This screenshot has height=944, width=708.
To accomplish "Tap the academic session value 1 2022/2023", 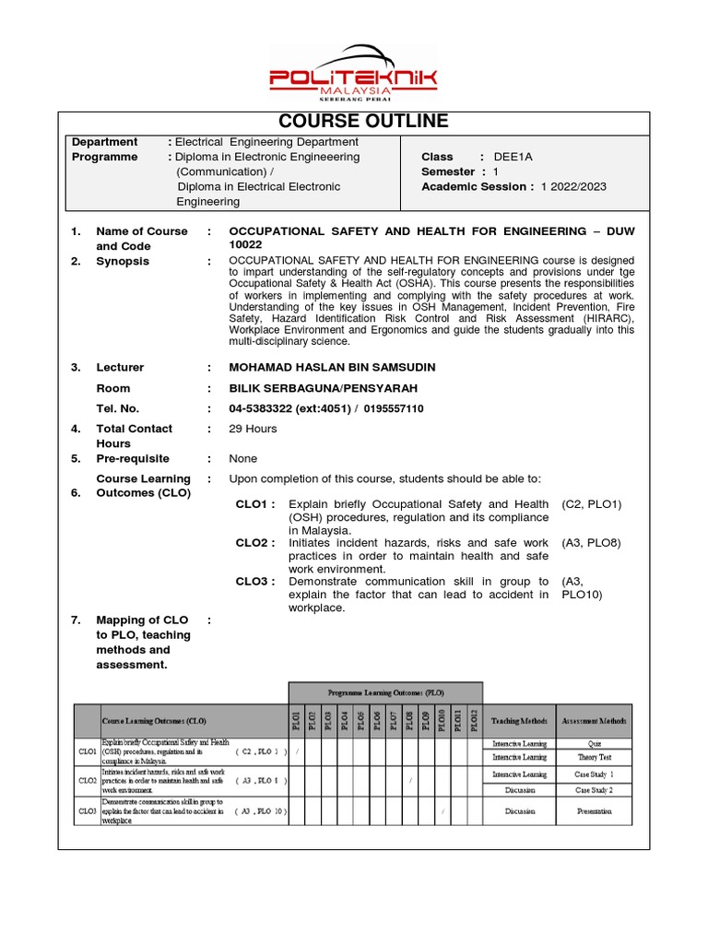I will point(573,186).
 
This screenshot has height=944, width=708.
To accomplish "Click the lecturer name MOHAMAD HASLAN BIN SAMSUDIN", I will point(332,367).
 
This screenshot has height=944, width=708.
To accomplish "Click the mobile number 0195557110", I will point(394,408).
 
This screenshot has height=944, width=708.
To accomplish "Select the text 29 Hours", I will point(253,429).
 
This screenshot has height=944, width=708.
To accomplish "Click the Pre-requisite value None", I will point(243,458).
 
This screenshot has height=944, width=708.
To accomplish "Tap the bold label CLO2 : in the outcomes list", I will point(255,543).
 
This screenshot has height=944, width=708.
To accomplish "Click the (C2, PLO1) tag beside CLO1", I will point(591,504).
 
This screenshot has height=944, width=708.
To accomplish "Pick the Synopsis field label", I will point(123,261).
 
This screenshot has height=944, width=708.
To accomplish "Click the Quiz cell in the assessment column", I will point(594,743).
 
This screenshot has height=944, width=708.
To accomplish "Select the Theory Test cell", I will point(594,757).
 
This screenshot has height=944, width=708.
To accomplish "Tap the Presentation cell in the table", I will point(594,811).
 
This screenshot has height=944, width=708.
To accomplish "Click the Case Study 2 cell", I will point(594,790).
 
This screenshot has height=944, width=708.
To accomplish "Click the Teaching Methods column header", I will point(520,721).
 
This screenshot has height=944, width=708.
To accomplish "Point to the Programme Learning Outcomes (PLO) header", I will point(385,691).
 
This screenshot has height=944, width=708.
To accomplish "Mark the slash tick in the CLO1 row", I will point(297,751).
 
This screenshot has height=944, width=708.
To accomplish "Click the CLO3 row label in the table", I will point(88,811).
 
